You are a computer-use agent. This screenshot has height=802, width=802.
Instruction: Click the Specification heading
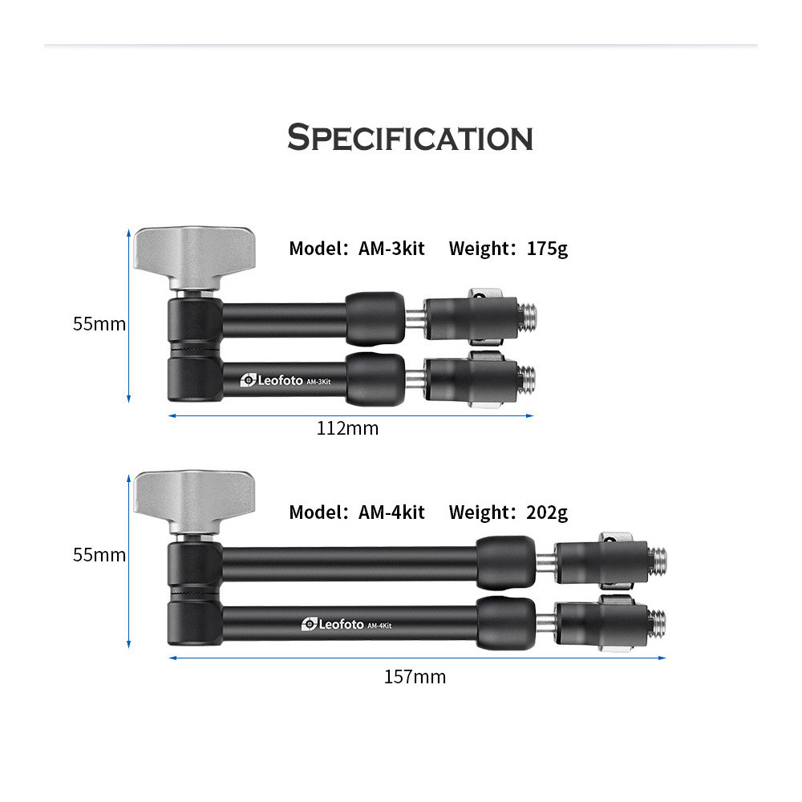tap(410, 138)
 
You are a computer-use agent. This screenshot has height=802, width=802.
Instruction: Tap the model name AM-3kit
tap(391, 249)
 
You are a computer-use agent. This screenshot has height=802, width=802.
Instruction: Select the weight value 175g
tap(547, 249)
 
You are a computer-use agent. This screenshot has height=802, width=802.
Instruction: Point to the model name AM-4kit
tap(391, 512)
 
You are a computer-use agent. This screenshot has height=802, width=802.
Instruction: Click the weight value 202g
tap(547, 513)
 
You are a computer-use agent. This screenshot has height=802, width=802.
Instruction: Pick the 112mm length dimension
tap(348, 428)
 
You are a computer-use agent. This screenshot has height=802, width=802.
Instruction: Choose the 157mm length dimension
tap(415, 677)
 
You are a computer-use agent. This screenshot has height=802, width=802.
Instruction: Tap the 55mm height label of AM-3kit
tap(99, 324)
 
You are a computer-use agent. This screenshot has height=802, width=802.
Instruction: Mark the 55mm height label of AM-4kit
tap(99, 554)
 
